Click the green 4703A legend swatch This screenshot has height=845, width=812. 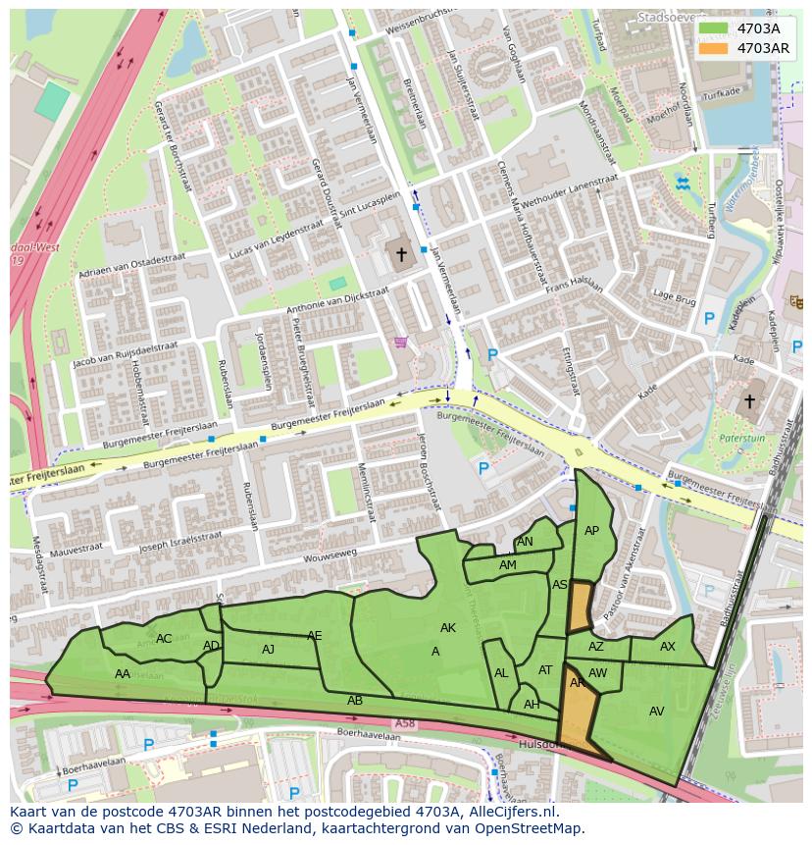pyautogui.click(x=714, y=28)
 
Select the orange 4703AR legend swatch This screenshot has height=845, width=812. pyautogui.click(x=714, y=47)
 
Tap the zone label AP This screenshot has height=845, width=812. pyautogui.click(x=591, y=531)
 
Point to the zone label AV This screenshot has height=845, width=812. pyautogui.click(x=657, y=712)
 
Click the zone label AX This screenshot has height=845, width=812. pyautogui.click(x=668, y=647)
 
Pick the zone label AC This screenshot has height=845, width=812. pyautogui.click(x=164, y=639)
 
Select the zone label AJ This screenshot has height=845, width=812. pyautogui.click(x=269, y=649)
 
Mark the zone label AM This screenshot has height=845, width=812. pyautogui.click(x=507, y=565)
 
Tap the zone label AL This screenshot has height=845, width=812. pyautogui.click(x=501, y=673)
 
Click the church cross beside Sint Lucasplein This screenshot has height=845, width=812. pyautogui.click(x=400, y=254)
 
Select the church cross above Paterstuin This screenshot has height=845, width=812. pyautogui.click(x=750, y=401)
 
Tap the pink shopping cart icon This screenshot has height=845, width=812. pyautogui.click(x=400, y=343)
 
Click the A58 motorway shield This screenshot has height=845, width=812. pyautogui.click(x=404, y=723)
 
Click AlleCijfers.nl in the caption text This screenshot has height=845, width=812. pyautogui.click(x=509, y=812)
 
